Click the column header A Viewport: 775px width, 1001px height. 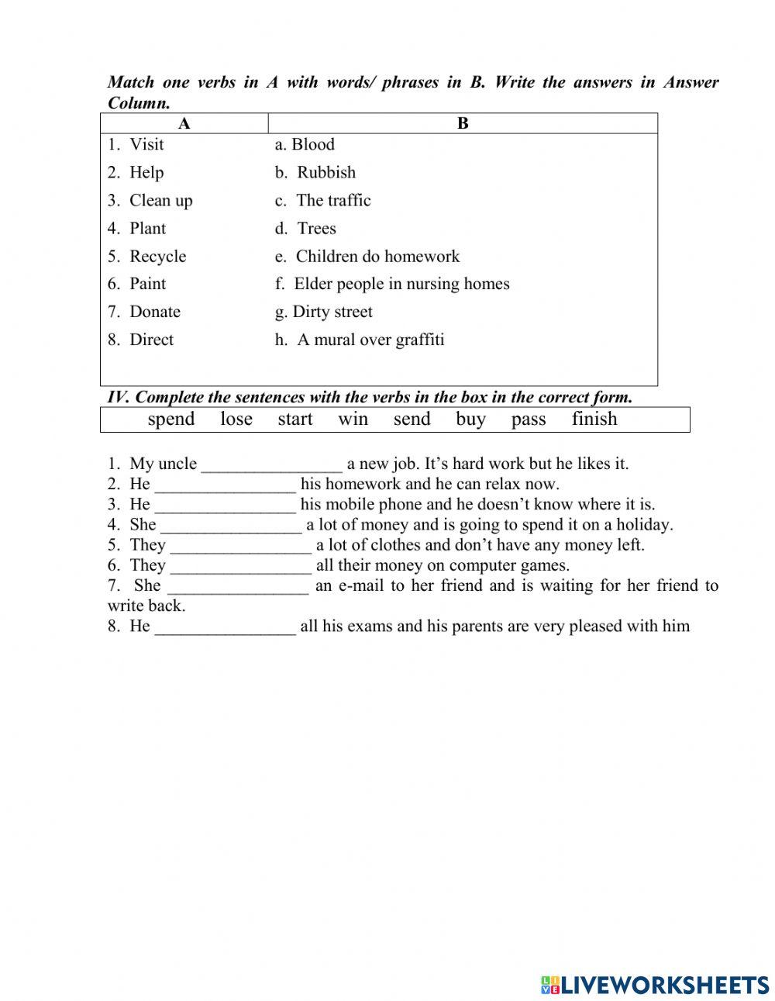[184, 124]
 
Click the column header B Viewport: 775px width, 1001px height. [463, 124]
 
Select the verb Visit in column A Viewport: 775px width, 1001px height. [146, 145]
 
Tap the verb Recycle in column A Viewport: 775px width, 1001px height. [157, 257]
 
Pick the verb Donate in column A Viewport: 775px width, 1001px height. [154, 312]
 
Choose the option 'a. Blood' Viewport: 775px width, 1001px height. [305, 145]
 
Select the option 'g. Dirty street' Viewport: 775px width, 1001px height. [323, 312]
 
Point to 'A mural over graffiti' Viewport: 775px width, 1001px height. [370, 340]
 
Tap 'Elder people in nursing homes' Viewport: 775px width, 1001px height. [401, 285]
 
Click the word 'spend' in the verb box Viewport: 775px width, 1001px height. [171, 419]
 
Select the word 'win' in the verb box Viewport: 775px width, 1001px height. [353, 419]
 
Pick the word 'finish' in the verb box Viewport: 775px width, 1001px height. [594, 419]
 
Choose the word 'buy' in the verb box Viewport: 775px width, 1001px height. [470, 419]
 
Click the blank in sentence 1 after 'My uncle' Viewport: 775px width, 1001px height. [271, 465]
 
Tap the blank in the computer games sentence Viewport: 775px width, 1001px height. [240, 566]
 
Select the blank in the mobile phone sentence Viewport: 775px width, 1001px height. [225, 506]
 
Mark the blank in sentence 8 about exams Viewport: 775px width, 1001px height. [225, 627]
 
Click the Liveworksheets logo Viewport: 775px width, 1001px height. [655, 984]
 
